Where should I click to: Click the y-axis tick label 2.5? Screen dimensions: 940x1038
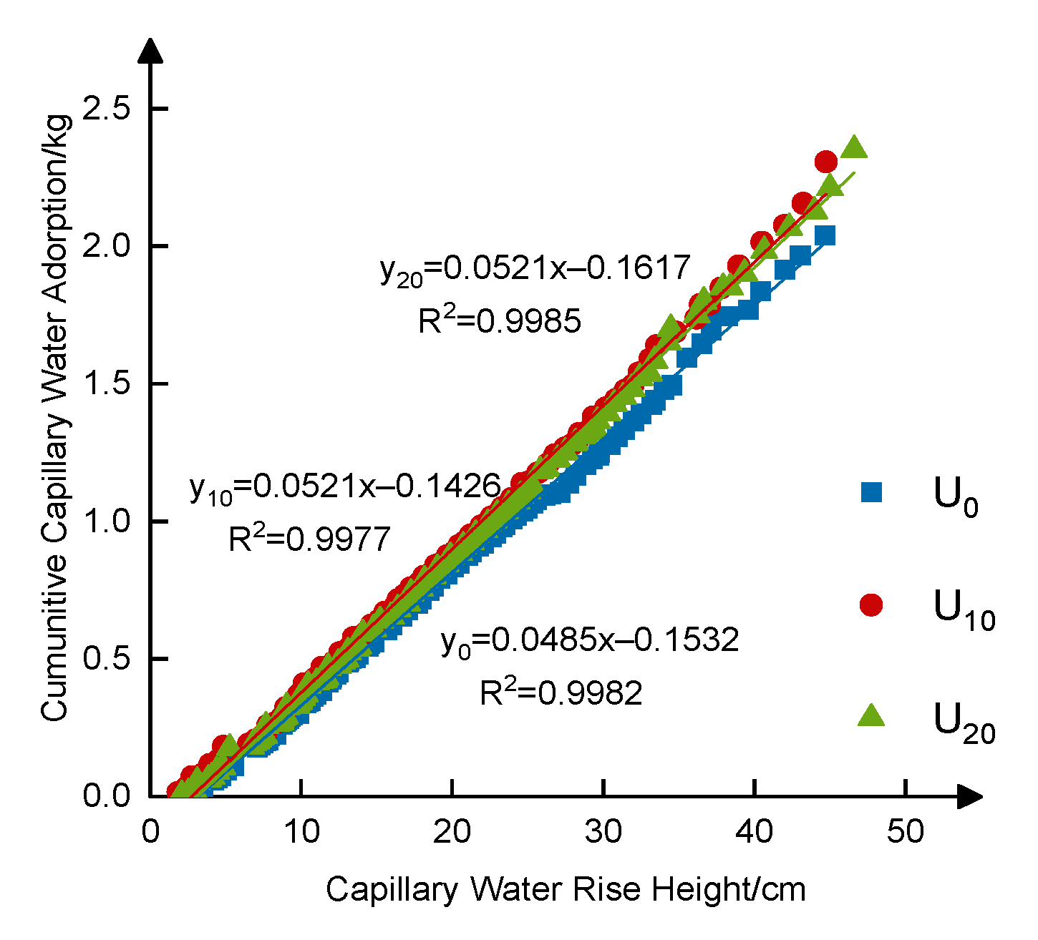click(107, 109)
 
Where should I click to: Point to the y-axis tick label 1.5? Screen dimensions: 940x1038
click(107, 383)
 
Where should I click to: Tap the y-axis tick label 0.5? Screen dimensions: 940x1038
click(107, 658)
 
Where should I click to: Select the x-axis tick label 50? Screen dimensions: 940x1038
click(906, 832)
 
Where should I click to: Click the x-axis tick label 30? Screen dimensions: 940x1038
click(603, 832)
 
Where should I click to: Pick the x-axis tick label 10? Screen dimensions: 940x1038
click(301, 832)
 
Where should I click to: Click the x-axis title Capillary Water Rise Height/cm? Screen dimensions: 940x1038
click(566, 890)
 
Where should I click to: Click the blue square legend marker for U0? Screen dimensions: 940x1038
click(871, 492)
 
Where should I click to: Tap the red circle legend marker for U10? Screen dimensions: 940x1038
click(871, 605)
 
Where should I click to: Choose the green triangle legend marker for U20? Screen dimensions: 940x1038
click(871, 715)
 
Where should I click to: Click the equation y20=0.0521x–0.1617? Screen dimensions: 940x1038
click(535, 270)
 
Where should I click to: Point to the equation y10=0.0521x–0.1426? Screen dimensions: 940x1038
click(344, 488)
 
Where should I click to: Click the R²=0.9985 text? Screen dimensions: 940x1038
click(500, 322)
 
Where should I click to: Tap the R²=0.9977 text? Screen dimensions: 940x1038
click(309, 539)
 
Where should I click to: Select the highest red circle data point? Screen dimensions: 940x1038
click(825, 162)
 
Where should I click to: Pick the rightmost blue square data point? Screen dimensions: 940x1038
click(825, 235)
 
